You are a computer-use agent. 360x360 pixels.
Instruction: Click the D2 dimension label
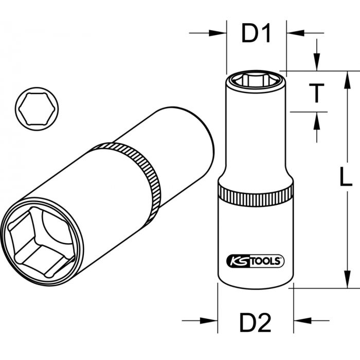pos(256,324)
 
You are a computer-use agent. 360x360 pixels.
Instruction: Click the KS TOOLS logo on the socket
pos(255,261)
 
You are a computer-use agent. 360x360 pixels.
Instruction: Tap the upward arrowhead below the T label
pos(317,120)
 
